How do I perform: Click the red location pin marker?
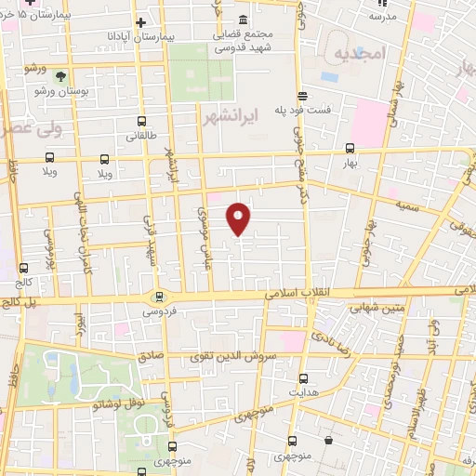239,218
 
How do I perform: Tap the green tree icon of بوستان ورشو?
61,76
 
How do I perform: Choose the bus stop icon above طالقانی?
141,121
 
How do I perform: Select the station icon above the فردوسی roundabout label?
160,297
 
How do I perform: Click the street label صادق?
150,354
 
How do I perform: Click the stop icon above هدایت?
304,378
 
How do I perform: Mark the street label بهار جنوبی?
369,242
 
